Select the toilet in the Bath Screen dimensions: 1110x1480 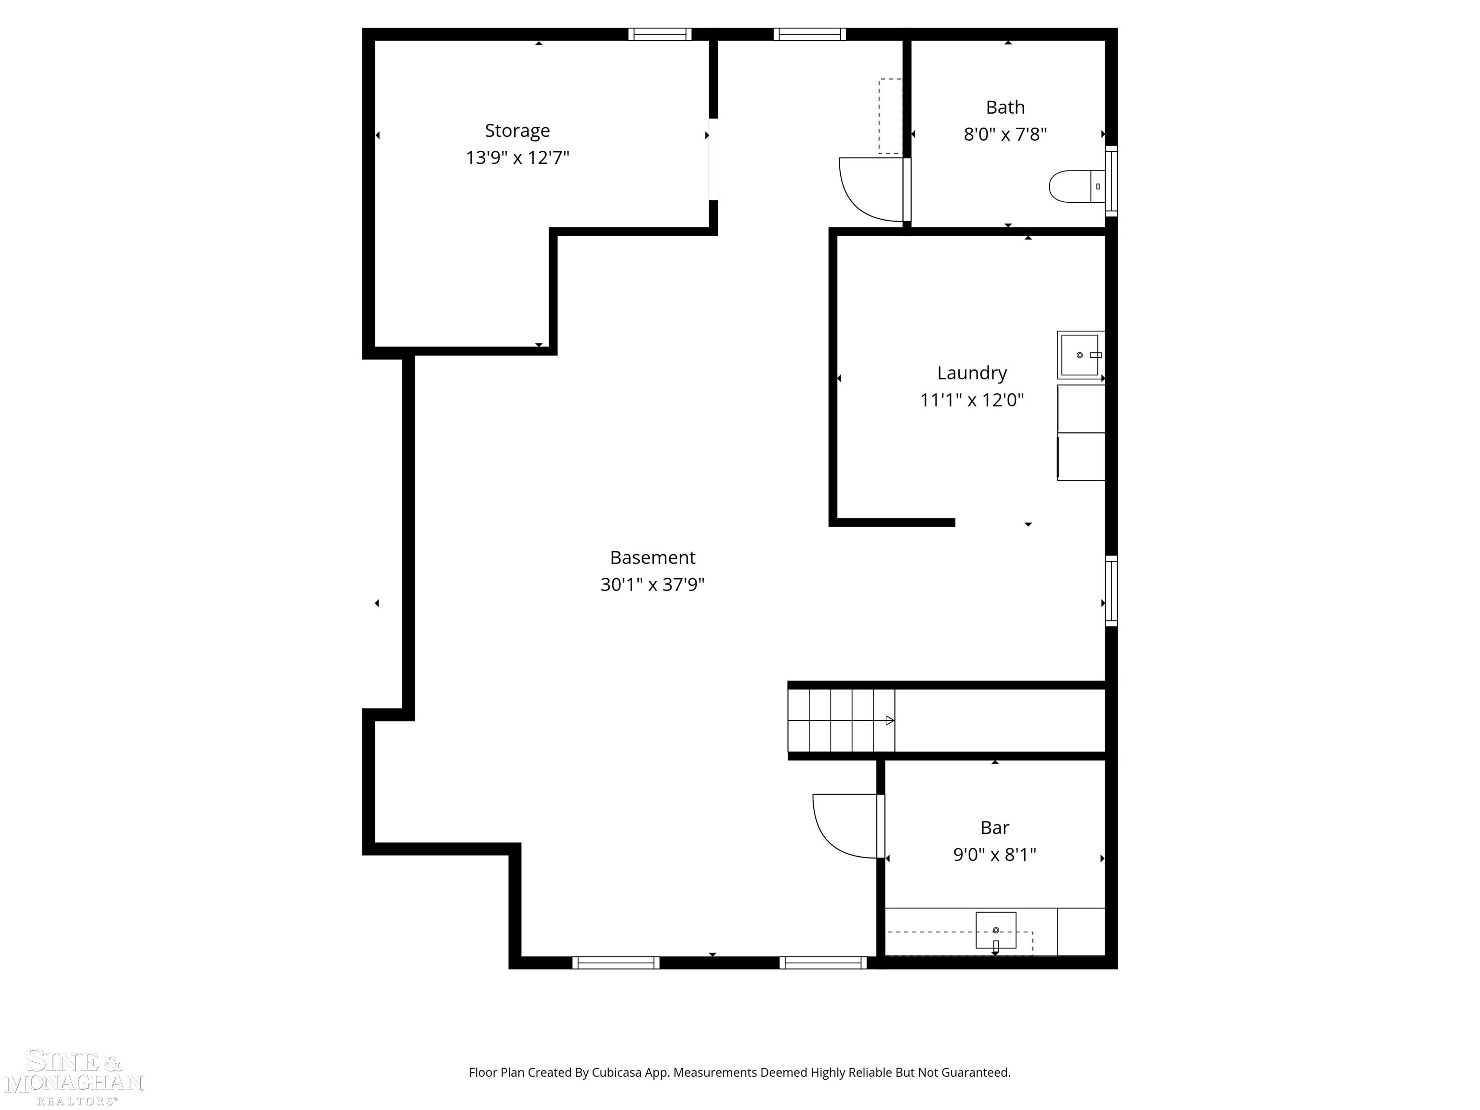(x=1074, y=186)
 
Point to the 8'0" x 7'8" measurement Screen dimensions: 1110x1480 (x=1004, y=134)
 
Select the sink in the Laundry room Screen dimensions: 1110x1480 (x=1079, y=355)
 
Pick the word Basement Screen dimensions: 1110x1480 (x=652, y=557)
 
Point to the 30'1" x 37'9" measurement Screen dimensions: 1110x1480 (x=652, y=585)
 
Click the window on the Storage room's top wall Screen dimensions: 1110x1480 (x=659, y=34)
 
